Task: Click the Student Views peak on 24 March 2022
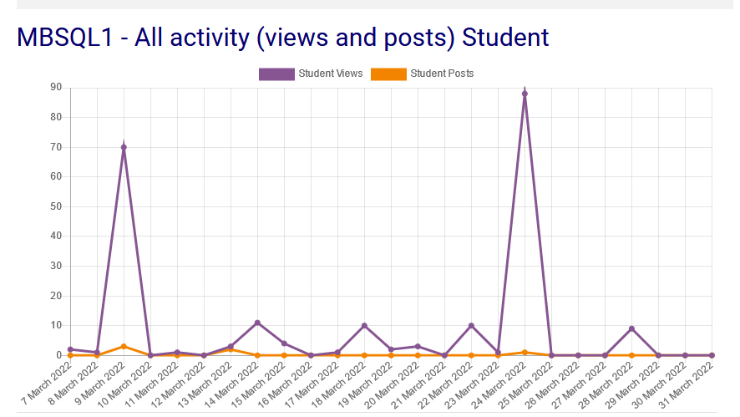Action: pos(525,94)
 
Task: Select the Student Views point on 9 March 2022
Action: pos(124,147)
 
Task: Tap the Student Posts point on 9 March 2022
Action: pos(124,346)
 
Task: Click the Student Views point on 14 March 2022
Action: pos(257,323)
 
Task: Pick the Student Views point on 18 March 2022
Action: pos(364,325)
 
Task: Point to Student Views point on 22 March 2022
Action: pos(471,325)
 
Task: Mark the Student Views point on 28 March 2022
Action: pos(631,328)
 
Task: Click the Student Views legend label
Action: pos(331,74)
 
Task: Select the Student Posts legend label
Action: pos(442,74)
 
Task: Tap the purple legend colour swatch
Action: pos(276,74)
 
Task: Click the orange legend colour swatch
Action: pos(388,74)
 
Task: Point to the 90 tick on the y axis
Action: pos(56,87)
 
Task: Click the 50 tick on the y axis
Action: pos(56,206)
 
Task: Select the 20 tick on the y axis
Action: pos(56,296)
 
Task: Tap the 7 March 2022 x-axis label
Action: pos(47,384)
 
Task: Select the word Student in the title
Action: pos(505,38)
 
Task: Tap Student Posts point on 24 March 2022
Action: pos(525,352)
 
